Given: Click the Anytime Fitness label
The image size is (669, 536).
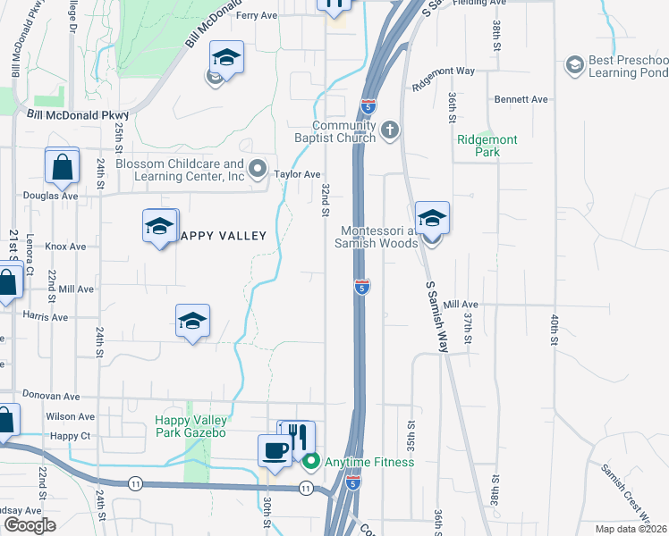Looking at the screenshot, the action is pyautogui.click(x=368, y=462).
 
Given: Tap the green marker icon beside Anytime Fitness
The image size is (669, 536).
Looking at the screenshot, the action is pyautogui.click(x=311, y=462).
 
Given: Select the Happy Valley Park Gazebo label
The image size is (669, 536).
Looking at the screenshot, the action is pyautogui.click(x=191, y=426).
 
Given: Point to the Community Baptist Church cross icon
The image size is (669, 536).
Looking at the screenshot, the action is pyautogui.click(x=389, y=131).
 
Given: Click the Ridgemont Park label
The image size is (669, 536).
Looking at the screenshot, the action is pyautogui.click(x=490, y=146).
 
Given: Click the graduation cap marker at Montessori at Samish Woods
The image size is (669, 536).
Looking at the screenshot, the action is pyautogui.click(x=432, y=219).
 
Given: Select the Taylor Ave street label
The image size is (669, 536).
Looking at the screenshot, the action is pyautogui.click(x=297, y=175).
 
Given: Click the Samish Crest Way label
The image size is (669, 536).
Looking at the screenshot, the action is pyautogui.click(x=623, y=489).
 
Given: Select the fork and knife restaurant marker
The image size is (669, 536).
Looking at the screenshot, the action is pyautogui.click(x=300, y=437).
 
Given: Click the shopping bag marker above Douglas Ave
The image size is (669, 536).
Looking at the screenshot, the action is pyautogui.click(x=63, y=165).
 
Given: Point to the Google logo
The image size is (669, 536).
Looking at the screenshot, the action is pyautogui.click(x=30, y=525).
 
